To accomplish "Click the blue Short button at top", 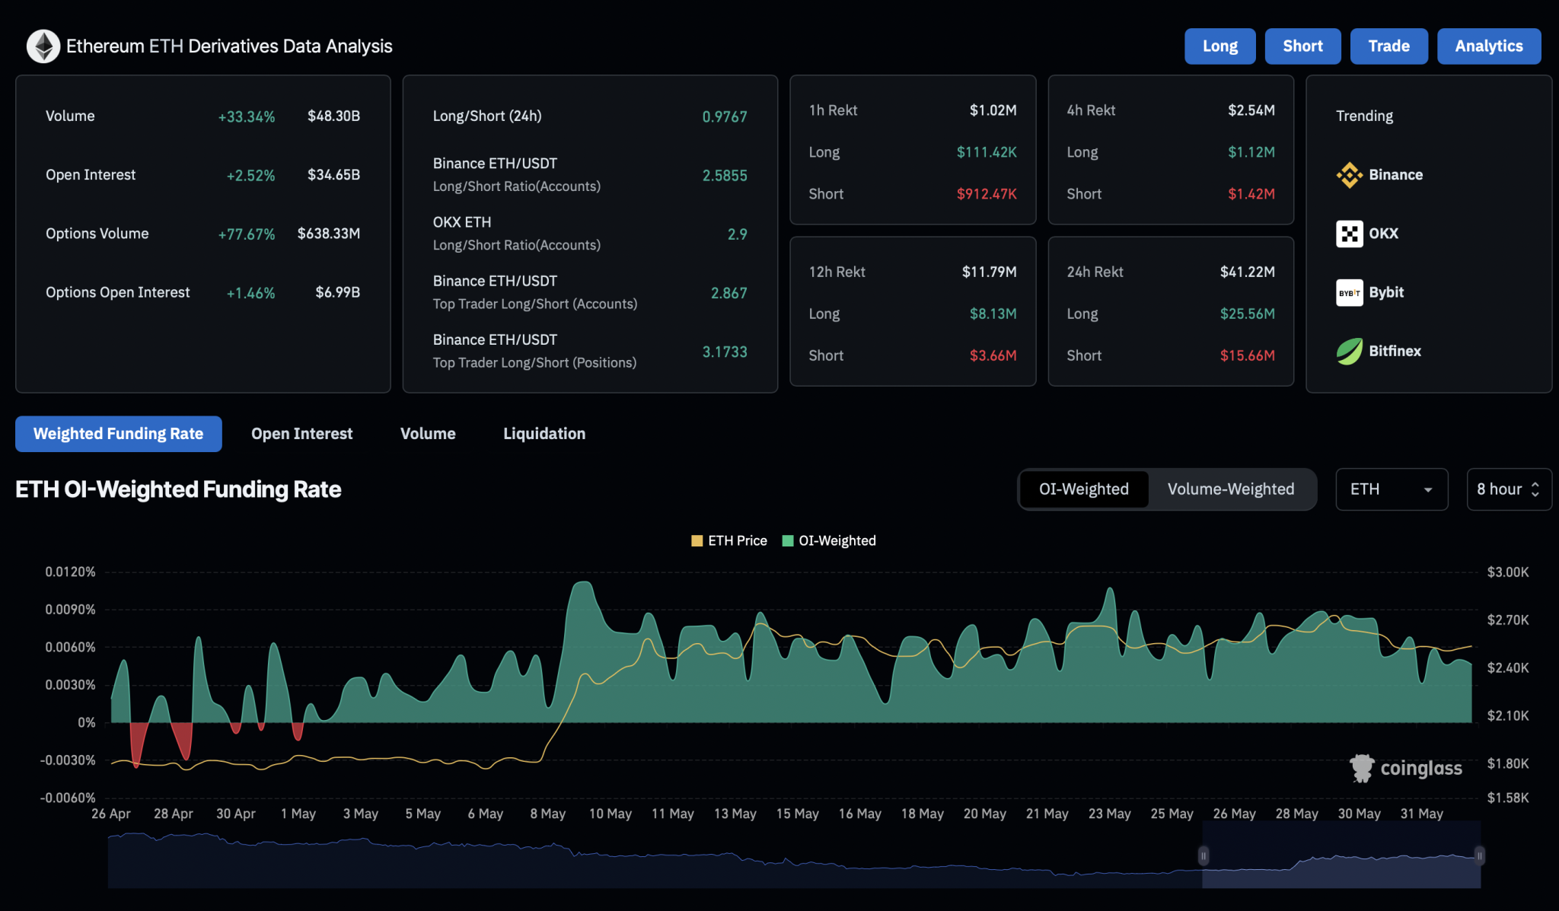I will coord(1302,46).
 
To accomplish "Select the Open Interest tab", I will coord(301,434).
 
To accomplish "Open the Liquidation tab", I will coord(544,434).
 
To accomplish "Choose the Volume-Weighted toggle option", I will coord(1230,489).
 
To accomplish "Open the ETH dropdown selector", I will coord(1391,489).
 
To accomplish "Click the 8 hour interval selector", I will coord(1508,489).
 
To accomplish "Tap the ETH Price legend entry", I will coord(729,541).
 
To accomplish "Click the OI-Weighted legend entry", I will coord(830,541).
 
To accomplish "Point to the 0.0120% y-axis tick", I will coord(70,572).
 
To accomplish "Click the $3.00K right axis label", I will coord(1507,572).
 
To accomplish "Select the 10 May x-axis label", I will coord(610,814).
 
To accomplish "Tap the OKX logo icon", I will coord(1349,234).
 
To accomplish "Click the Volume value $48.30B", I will coord(333,116).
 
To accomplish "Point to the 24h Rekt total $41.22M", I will coord(1247,272).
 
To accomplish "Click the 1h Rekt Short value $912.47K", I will coord(986,194).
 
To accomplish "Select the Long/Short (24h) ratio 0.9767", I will coord(724,116).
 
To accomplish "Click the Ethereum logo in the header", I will coord(43,46).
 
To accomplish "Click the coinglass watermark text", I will coord(1420,769).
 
